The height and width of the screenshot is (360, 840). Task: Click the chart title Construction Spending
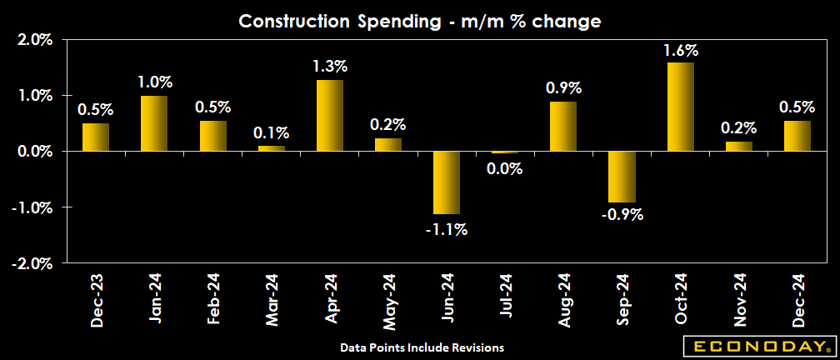click(x=420, y=22)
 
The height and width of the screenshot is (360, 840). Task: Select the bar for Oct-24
click(x=681, y=107)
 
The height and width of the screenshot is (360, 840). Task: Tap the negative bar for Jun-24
click(x=447, y=182)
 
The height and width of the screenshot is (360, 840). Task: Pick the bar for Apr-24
click(x=330, y=115)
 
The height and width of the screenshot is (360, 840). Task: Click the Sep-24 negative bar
click(x=622, y=177)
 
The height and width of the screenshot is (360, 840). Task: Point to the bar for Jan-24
click(x=154, y=123)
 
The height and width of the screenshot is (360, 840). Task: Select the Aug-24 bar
click(x=563, y=126)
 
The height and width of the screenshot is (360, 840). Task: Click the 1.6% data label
click(x=681, y=50)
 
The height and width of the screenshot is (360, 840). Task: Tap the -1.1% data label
click(x=447, y=227)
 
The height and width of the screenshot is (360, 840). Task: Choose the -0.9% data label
click(x=622, y=215)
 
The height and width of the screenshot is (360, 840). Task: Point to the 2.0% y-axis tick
click(x=34, y=40)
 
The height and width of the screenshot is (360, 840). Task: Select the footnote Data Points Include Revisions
click(x=422, y=346)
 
